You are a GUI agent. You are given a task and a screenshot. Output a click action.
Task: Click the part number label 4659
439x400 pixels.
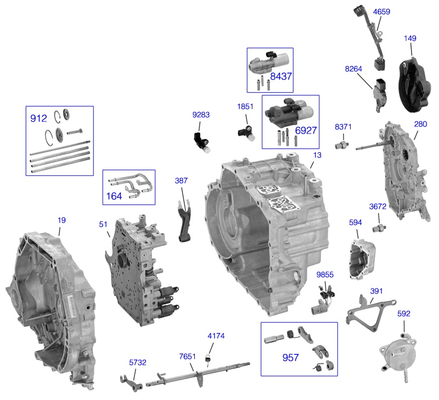click(381, 12)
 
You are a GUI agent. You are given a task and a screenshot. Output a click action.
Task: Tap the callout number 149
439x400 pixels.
click(410, 38)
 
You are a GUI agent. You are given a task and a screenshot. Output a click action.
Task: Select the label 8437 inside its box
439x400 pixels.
click(281, 76)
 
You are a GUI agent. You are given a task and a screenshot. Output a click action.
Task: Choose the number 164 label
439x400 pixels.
click(115, 195)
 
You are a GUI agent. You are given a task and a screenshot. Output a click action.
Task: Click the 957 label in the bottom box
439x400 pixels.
click(290, 358)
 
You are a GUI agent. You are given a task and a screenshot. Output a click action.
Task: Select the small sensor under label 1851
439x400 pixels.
click(245, 132)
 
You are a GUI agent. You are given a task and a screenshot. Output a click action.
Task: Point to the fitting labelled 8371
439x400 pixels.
click(343, 144)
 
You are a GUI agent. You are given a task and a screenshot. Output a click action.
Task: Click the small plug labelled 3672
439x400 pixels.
click(378, 227)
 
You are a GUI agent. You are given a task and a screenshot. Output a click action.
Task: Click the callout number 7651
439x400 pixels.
click(187, 357)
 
